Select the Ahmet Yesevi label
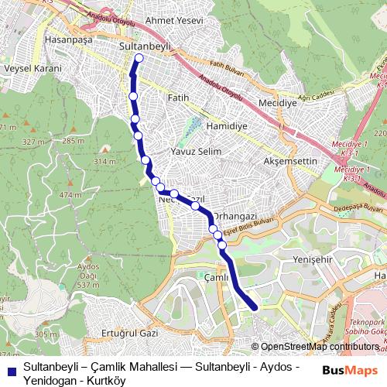coord(175,20)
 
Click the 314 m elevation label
coord(103,161)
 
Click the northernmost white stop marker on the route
coord(139,57)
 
